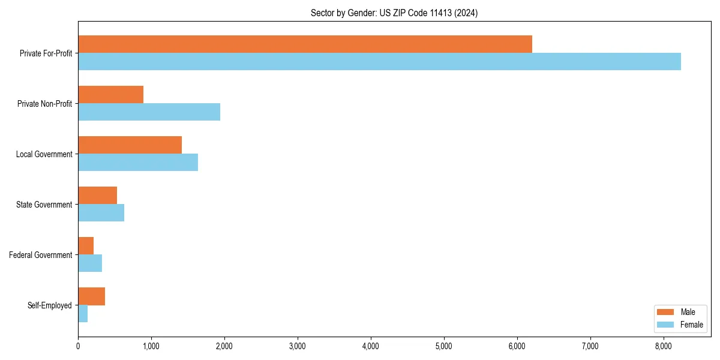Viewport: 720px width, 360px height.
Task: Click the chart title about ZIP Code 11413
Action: click(x=394, y=13)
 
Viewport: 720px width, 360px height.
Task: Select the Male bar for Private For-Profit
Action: click(x=305, y=44)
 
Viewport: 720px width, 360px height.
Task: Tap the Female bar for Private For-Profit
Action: click(x=379, y=62)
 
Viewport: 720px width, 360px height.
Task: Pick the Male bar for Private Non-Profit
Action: click(x=110, y=95)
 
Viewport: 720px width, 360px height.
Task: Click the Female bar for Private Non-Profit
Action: click(x=149, y=112)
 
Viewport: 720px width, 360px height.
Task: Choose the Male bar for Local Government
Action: click(x=130, y=145)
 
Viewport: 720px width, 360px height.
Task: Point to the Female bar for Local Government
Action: click(x=138, y=163)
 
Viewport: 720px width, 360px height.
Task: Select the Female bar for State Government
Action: click(x=101, y=213)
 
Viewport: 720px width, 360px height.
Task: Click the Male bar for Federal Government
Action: click(x=86, y=246)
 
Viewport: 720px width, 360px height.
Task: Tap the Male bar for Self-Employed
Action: click(x=91, y=296)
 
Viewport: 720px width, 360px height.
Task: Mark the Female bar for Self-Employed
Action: click(x=83, y=314)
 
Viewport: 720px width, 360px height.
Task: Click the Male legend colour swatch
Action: click(x=666, y=312)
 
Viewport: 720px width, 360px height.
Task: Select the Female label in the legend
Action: click(x=691, y=325)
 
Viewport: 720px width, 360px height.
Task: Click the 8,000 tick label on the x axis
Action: click(x=664, y=346)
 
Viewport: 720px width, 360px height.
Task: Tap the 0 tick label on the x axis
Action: click(x=78, y=346)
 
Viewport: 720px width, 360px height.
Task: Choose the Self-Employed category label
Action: click(x=50, y=305)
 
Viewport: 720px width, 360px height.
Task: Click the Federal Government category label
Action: click(x=41, y=255)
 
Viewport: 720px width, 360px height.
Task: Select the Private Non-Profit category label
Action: click(x=44, y=104)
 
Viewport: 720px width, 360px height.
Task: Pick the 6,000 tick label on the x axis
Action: click(x=517, y=346)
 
